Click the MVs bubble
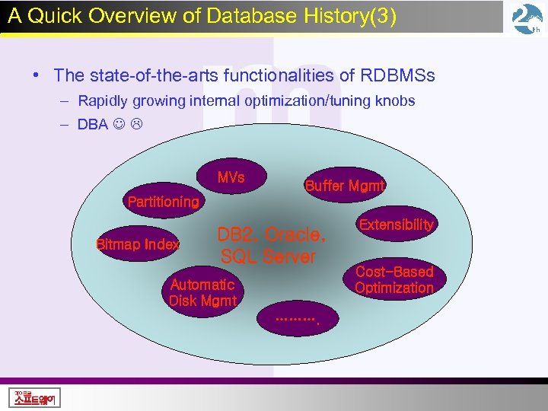tap(231, 178)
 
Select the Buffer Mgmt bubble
tap(345, 186)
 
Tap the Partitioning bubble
tap(163, 202)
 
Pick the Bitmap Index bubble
tap(138, 244)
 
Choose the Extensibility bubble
tap(396, 225)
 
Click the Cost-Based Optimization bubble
tap(393, 280)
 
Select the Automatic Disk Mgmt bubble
tap(202, 292)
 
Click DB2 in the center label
tap(237, 234)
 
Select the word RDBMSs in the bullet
tap(397, 75)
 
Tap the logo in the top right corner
tap(527, 19)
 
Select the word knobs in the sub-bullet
tap(396, 101)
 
